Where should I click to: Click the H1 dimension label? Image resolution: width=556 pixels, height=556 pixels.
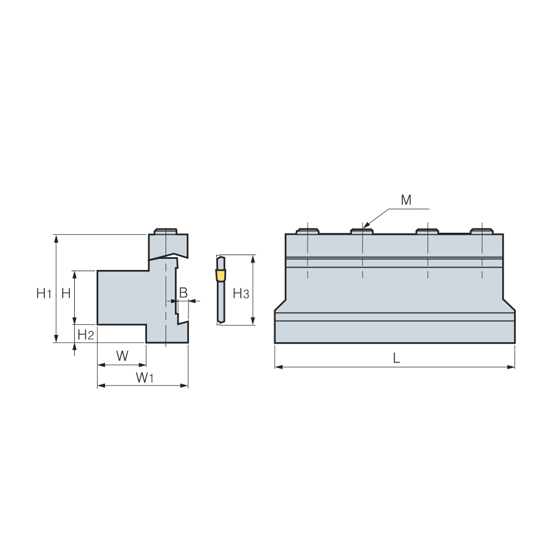(44, 293)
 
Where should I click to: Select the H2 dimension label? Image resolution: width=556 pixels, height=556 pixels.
(85, 334)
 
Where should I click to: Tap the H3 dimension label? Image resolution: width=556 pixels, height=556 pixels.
(241, 293)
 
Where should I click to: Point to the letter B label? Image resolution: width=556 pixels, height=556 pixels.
(183, 293)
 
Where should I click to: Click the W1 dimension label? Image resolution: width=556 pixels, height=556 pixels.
(145, 377)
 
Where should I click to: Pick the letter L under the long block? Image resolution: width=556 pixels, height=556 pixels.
(397, 358)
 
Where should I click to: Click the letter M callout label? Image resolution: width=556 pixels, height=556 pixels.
(406, 200)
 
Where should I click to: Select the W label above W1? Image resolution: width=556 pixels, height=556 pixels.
(122, 355)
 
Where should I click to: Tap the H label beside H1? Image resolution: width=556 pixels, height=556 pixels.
(66, 293)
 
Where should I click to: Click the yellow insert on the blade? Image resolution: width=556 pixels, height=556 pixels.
(221, 275)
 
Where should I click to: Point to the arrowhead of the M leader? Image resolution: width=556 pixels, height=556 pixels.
(366, 225)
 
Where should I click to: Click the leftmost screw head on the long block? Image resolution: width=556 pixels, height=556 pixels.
(308, 231)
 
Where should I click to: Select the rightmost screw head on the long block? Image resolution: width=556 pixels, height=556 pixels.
(481, 231)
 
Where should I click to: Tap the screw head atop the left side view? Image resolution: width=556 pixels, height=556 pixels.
(166, 231)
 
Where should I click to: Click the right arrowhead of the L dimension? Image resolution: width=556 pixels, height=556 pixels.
(511, 367)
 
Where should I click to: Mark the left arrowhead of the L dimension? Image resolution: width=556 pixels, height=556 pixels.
(279, 367)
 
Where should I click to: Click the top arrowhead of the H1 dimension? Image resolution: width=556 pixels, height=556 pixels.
(56, 238)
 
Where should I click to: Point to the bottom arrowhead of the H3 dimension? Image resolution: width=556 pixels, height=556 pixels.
(253, 321)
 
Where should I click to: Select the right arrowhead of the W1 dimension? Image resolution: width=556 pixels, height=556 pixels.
(184, 385)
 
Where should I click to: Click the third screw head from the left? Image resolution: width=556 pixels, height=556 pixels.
(428, 231)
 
